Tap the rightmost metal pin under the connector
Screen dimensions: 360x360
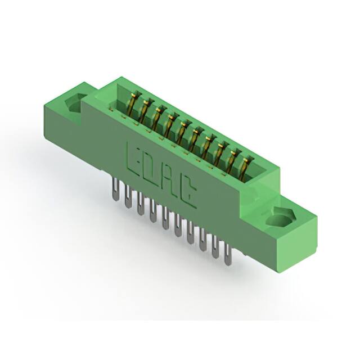tap(227, 253)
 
